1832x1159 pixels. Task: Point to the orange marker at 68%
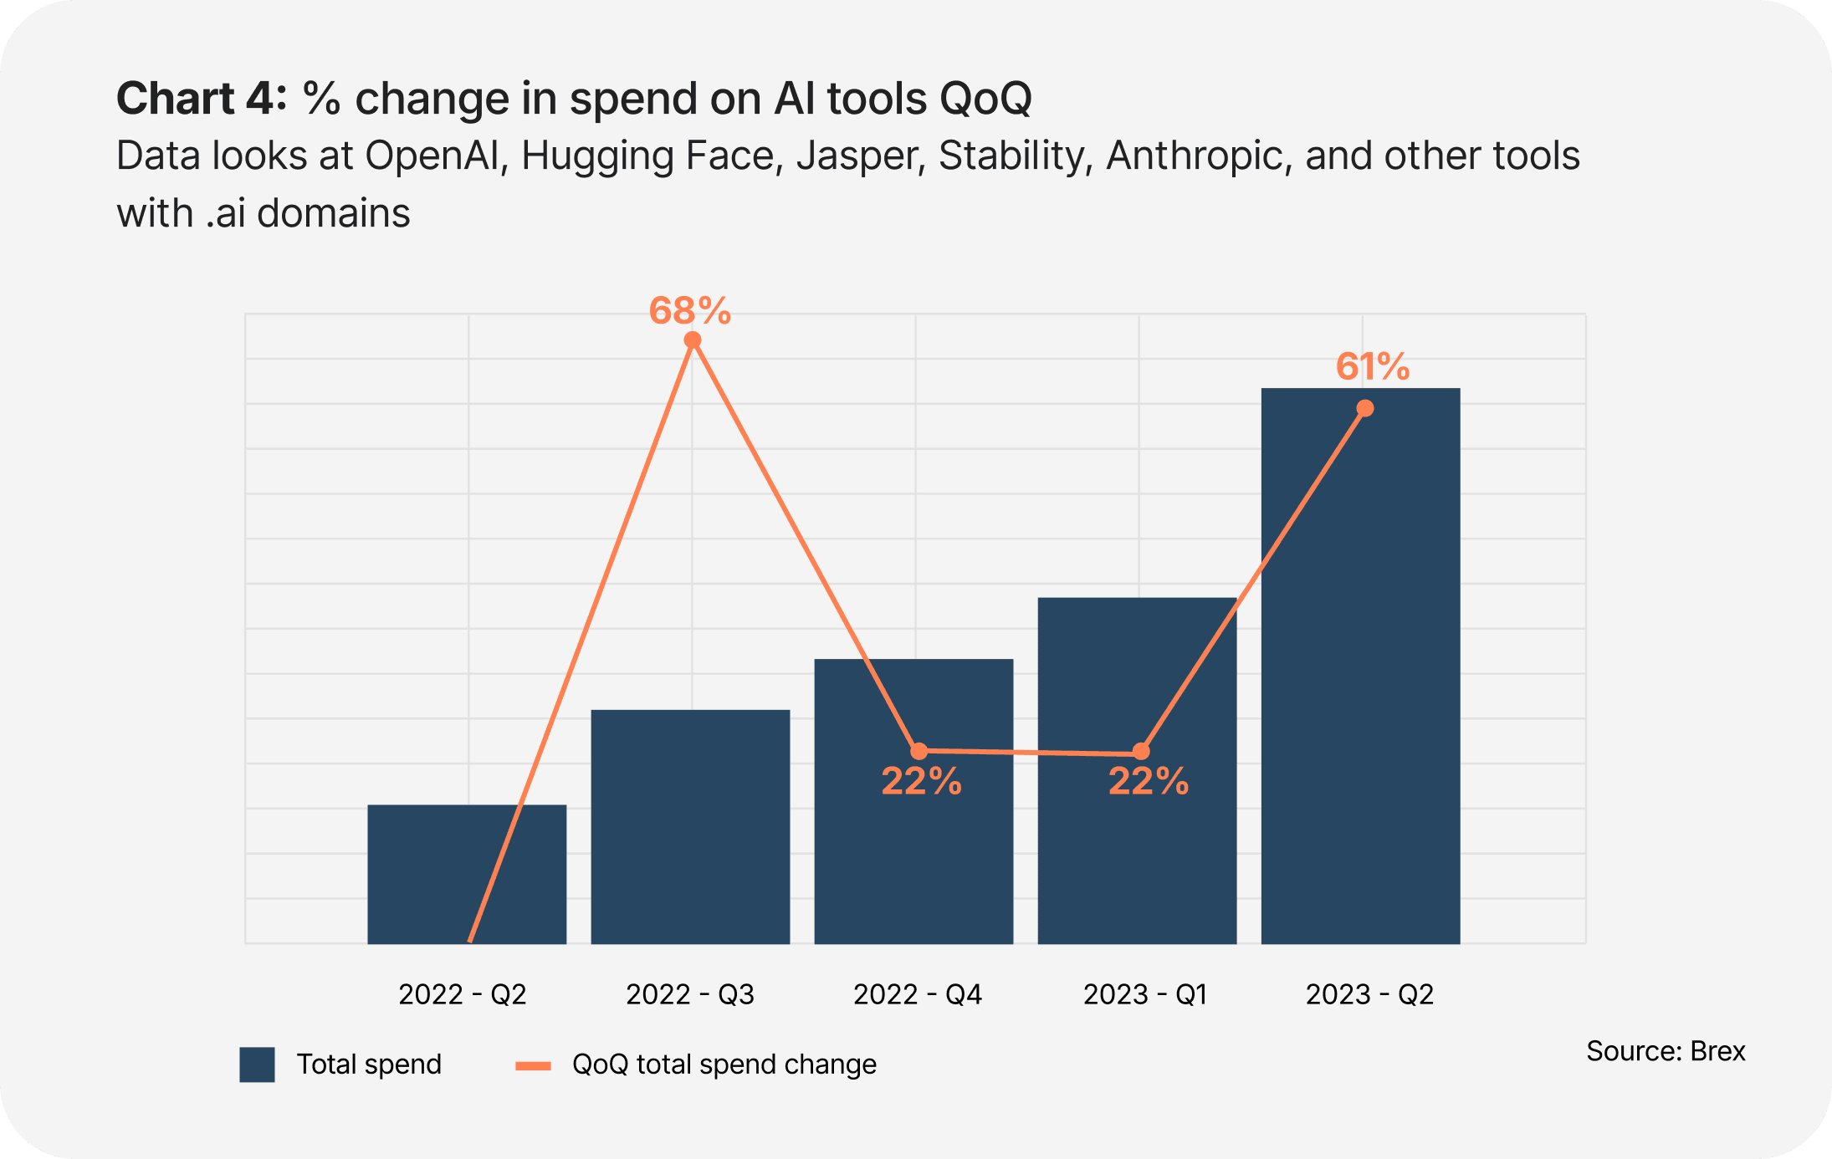point(693,340)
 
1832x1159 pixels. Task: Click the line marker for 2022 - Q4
point(919,751)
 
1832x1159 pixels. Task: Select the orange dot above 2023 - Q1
point(1141,752)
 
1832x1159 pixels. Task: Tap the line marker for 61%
point(1365,408)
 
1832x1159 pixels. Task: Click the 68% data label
point(690,311)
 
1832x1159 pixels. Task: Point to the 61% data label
point(1373,366)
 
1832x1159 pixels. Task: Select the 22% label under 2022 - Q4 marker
point(921,781)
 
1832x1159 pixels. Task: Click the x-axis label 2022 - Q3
point(690,994)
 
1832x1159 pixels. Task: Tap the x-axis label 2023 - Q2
point(1369,994)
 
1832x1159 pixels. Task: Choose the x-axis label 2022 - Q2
point(463,994)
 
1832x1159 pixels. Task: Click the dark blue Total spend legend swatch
point(257,1065)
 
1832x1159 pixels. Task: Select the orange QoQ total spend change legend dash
point(533,1065)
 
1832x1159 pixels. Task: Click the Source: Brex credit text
point(1666,1051)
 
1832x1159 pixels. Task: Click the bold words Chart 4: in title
point(201,99)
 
